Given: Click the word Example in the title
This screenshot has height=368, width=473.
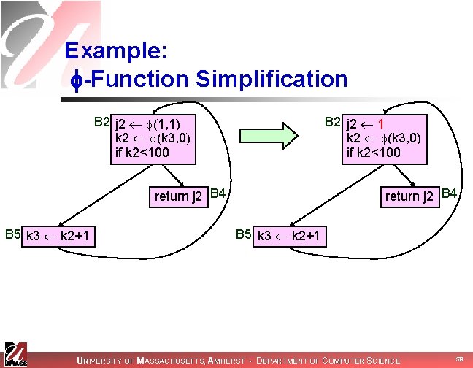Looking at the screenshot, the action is click(117, 50).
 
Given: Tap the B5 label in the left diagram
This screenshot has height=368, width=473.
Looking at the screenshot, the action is click(12, 234).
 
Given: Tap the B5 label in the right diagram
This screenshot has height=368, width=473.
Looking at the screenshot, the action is click(244, 234).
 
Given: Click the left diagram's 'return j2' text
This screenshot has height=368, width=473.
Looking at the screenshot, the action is click(178, 196).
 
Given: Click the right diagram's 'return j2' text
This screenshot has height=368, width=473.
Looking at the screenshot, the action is click(409, 196).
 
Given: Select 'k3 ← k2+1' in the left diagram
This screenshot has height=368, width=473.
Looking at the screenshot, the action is click(58, 236).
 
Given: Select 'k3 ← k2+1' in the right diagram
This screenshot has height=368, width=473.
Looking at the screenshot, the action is click(289, 236).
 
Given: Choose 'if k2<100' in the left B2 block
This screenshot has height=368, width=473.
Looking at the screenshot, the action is click(142, 152).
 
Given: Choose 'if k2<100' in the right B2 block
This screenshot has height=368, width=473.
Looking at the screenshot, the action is click(374, 152).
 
